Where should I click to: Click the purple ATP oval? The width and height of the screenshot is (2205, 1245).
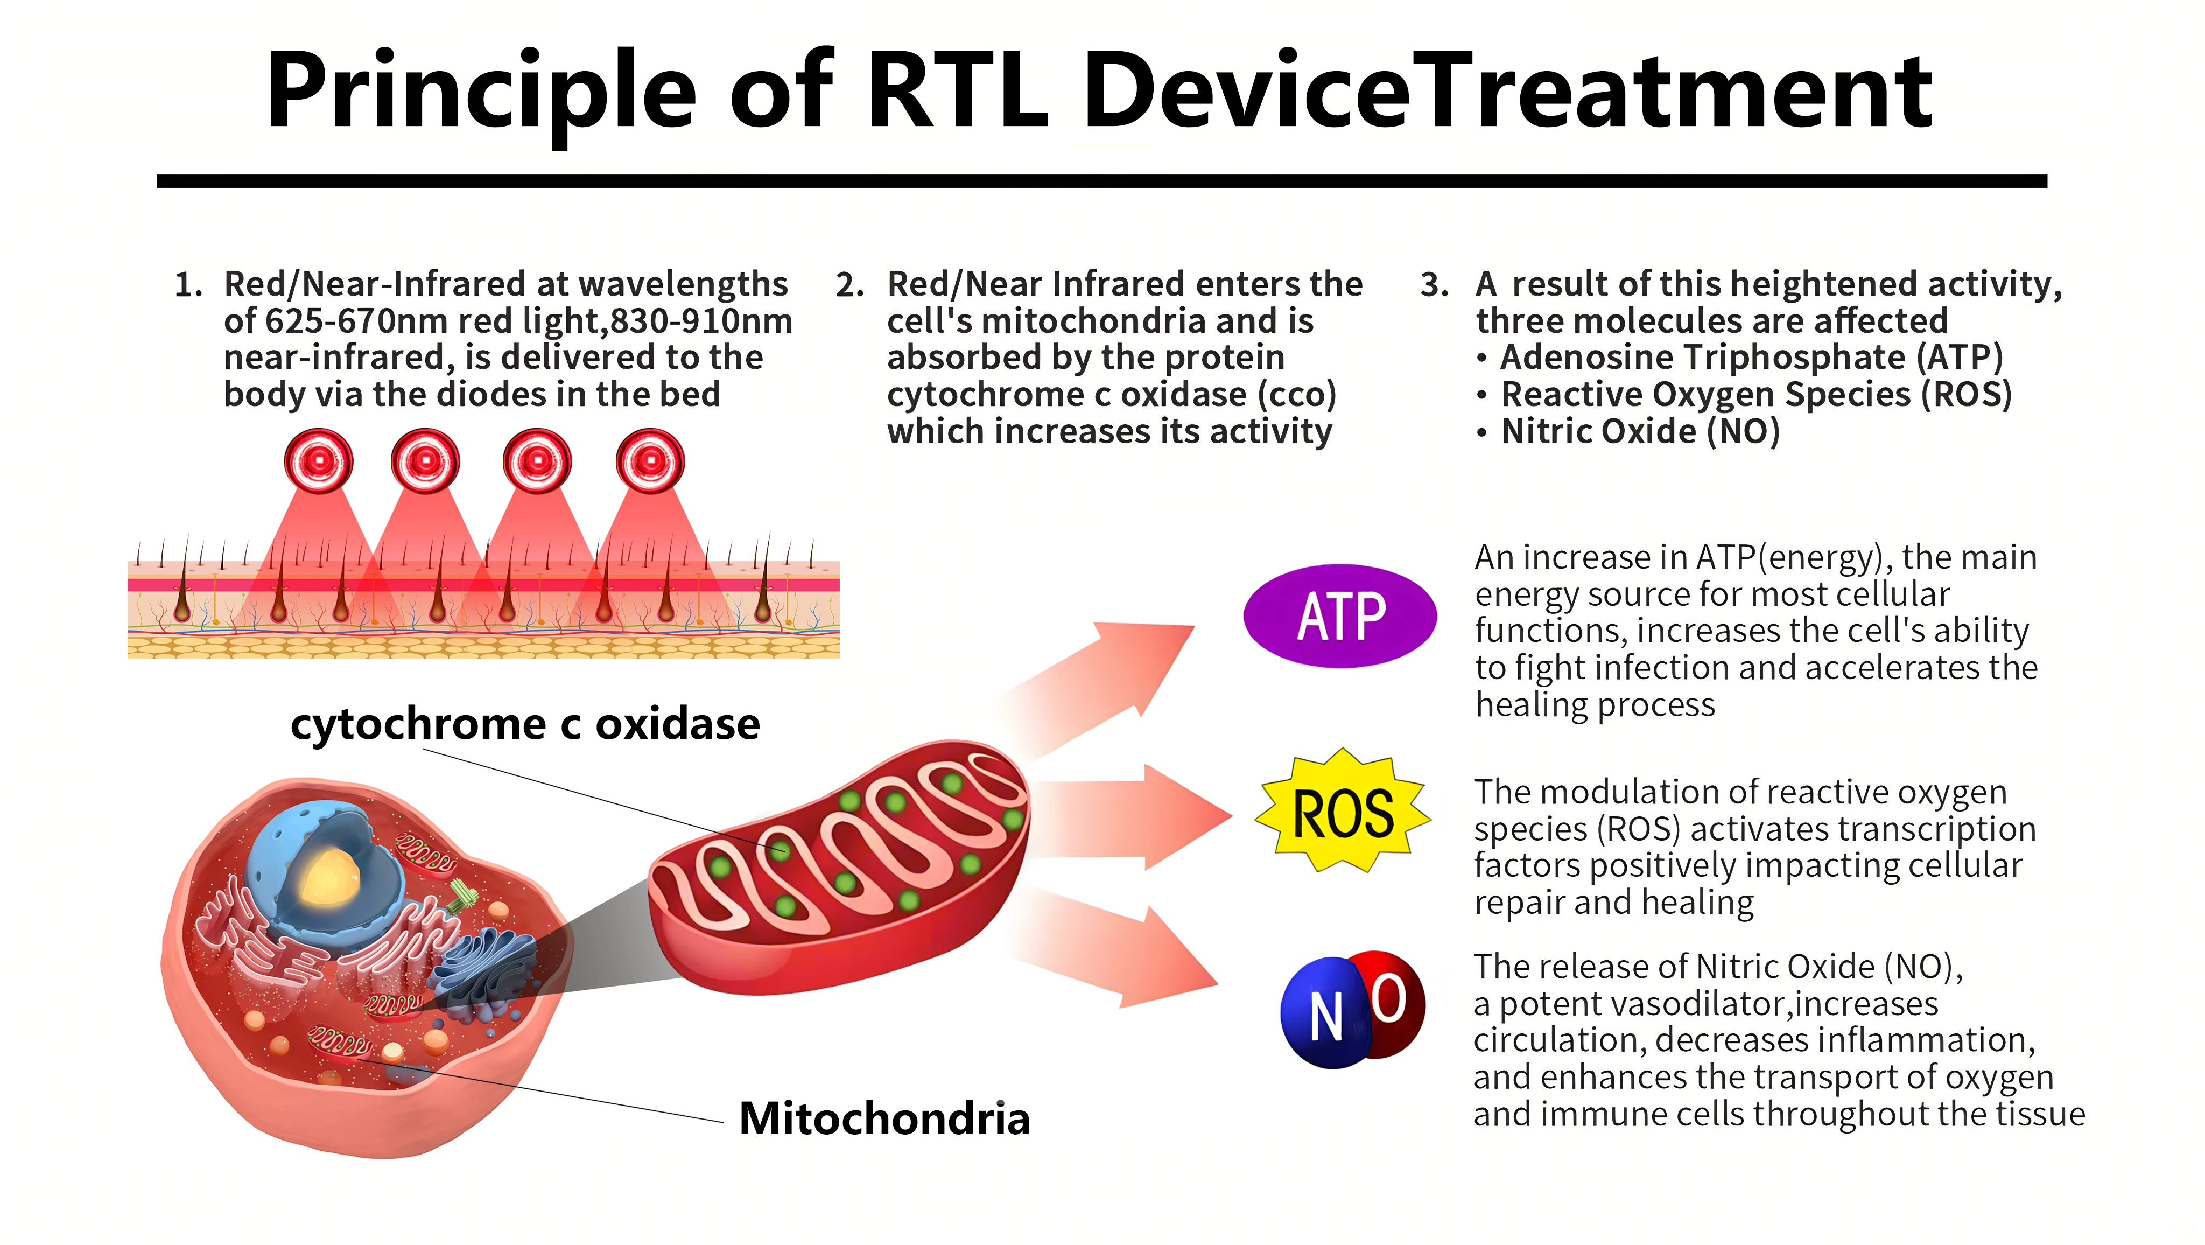pyautogui.click(x=1339, y=615)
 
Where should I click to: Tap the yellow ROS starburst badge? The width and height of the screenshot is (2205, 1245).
pyautogui.click(x=1342, y=811)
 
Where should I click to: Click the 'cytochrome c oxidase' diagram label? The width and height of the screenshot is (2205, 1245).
pyautogui.click(x=525, y=724)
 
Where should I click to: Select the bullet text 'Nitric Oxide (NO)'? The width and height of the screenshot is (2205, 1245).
pyautogui.click(x=1640, y=431)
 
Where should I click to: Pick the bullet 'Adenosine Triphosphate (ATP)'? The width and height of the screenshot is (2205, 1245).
pyautogui.click(x=1751, y=357)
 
